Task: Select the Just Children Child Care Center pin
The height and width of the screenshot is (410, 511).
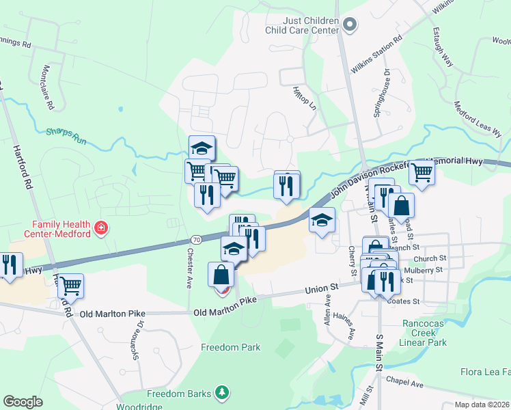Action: (350, 26)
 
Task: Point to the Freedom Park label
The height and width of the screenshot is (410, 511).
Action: (231, 347)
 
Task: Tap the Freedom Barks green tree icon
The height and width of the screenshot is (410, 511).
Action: (221, 392)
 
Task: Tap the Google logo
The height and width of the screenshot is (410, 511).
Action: (23, 402)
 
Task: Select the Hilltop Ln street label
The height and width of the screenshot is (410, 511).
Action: (305, 98)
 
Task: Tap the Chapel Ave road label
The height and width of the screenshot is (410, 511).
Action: (404, 383)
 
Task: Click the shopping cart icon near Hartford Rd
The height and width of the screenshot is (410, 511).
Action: (70, 286)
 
